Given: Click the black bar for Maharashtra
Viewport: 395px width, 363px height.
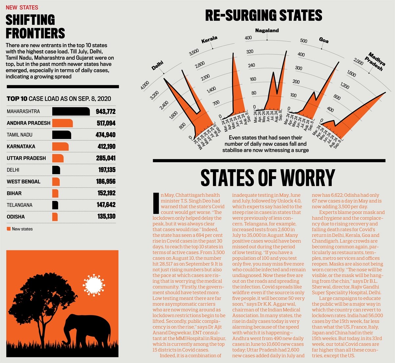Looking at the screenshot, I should [71, 112].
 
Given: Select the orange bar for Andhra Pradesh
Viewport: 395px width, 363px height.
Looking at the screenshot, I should [62, 123].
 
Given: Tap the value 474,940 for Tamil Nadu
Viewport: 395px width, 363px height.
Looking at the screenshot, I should [105, 135].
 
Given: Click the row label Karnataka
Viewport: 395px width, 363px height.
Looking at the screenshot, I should [21, 147].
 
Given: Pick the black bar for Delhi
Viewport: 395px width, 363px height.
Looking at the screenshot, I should [56, 170].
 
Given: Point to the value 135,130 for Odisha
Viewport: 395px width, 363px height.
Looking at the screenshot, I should [106, 217].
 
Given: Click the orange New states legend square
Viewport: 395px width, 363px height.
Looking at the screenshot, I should [9, 229].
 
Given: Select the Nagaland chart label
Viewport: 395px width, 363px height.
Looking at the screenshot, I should [267, 31].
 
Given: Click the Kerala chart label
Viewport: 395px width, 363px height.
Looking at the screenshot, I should [209, 40].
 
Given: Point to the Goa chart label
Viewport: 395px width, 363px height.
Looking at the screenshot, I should [324, 40].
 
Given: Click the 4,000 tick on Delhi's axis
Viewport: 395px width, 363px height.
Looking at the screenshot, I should [145, 85].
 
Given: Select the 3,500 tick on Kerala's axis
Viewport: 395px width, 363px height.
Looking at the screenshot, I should [194, 52].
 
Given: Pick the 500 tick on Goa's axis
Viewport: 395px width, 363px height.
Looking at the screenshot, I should [303, 41].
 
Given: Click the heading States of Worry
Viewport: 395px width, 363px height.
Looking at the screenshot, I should [268, 178].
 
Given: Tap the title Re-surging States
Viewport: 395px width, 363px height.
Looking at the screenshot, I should [263, 16].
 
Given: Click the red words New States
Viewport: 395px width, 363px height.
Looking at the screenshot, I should [22, 7].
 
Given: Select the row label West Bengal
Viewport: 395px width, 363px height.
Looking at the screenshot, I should [23, 181].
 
